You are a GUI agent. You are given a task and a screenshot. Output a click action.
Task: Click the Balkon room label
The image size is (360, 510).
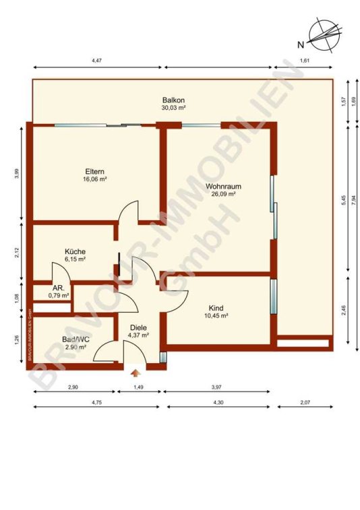(x=173, y=100)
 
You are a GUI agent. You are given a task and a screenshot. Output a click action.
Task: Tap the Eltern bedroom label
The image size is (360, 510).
(x=95, y=172)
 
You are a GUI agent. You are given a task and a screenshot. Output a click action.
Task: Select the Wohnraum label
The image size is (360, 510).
(x=223, y=187)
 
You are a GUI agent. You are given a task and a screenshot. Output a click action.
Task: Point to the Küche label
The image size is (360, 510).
(x=76, y=252)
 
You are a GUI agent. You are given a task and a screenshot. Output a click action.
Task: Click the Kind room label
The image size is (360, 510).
(x=216, y=308)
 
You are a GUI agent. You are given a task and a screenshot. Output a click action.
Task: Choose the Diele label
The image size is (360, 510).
(x=138, y=328)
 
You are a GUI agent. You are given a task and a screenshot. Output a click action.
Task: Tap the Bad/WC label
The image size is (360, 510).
(x=76, y=340)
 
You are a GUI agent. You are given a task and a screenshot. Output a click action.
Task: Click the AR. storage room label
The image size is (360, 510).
(x=59, y=288)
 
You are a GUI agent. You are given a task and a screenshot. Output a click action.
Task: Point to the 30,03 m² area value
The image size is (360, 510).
(x=173, y=108)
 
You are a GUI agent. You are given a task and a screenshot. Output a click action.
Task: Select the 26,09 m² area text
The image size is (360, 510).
(x=223, y=194)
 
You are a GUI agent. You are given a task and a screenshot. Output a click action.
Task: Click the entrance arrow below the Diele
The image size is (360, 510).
(x=135, y=373)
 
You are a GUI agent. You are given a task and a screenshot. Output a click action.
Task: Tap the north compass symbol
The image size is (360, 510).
(x=325, y=34)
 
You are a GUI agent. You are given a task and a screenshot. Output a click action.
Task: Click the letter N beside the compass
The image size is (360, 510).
(x=301, y=45)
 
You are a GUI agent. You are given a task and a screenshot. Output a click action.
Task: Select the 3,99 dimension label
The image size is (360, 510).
(x=18, y=174)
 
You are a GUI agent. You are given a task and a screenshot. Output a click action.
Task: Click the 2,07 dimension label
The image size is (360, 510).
(x=305, y=402)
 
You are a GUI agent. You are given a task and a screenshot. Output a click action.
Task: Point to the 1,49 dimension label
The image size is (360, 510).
(x=139, y=387)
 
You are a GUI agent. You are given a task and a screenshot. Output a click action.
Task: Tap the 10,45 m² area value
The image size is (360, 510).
(x=216, y=315)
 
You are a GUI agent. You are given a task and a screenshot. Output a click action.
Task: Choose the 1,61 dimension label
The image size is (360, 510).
(x=304, y=61)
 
